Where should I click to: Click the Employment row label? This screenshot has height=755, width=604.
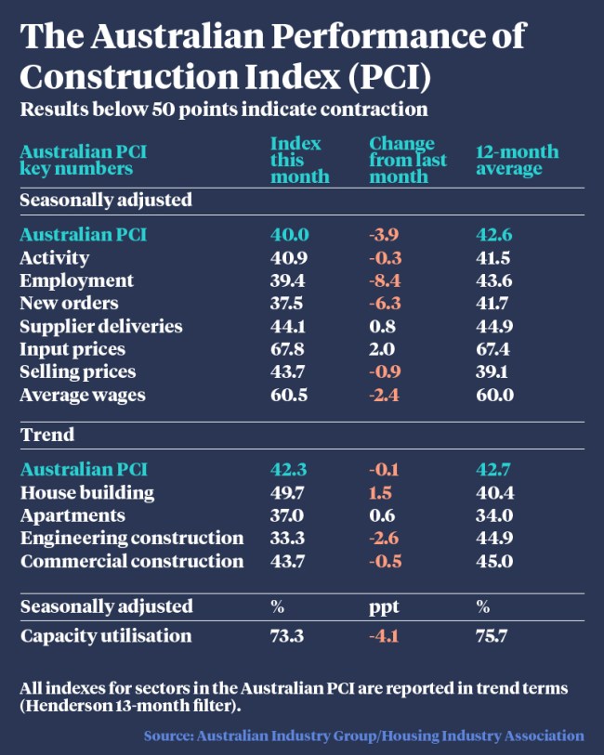tap(76, 280)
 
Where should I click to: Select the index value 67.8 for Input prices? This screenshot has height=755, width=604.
tap(288, 349)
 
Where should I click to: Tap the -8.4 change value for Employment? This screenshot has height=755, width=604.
tap(387, 280)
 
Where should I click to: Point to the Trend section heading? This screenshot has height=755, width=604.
tap(47, 435)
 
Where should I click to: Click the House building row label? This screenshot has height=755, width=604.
tap(87, 493)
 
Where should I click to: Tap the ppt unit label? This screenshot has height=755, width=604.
tap(384, 606)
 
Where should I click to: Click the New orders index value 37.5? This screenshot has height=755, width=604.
tap(288, 304)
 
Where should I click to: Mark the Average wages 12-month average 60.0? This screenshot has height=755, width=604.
tap(494, 395)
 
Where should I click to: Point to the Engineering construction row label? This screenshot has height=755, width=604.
tap(132, 539)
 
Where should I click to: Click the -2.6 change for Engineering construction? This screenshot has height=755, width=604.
tap(387, 539)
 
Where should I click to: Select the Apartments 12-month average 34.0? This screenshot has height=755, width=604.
tap(494, 515)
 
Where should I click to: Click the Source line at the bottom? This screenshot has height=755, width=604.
tap(363, 735)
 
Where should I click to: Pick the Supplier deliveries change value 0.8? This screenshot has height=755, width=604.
tap(381, 326)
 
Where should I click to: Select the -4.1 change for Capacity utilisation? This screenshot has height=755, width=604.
tap(387, 636)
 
